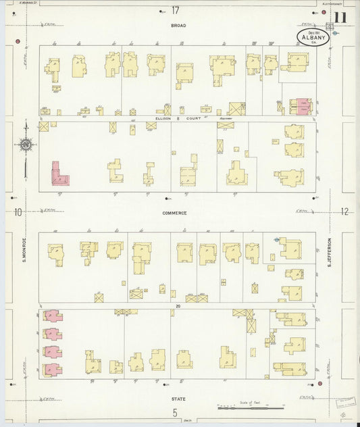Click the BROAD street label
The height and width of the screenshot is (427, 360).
(178, 26)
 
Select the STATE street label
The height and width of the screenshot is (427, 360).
(178, 399)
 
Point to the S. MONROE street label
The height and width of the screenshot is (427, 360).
(25, 250)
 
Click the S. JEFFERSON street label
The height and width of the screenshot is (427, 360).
(330, 251)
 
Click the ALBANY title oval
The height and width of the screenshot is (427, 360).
(312, 36)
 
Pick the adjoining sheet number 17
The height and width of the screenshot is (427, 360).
(176, 10)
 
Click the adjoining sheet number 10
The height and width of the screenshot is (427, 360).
(18, 212)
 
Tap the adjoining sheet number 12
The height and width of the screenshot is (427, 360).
(344, 211)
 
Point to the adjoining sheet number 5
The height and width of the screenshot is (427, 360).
(174, 412)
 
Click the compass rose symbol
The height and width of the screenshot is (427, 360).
(26, 143)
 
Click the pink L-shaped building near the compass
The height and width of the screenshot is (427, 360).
(59, 176)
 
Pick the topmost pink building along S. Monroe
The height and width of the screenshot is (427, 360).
(52, 316)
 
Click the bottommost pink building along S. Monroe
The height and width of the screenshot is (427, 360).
(52, 370)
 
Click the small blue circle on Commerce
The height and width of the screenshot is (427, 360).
(277, 239)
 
